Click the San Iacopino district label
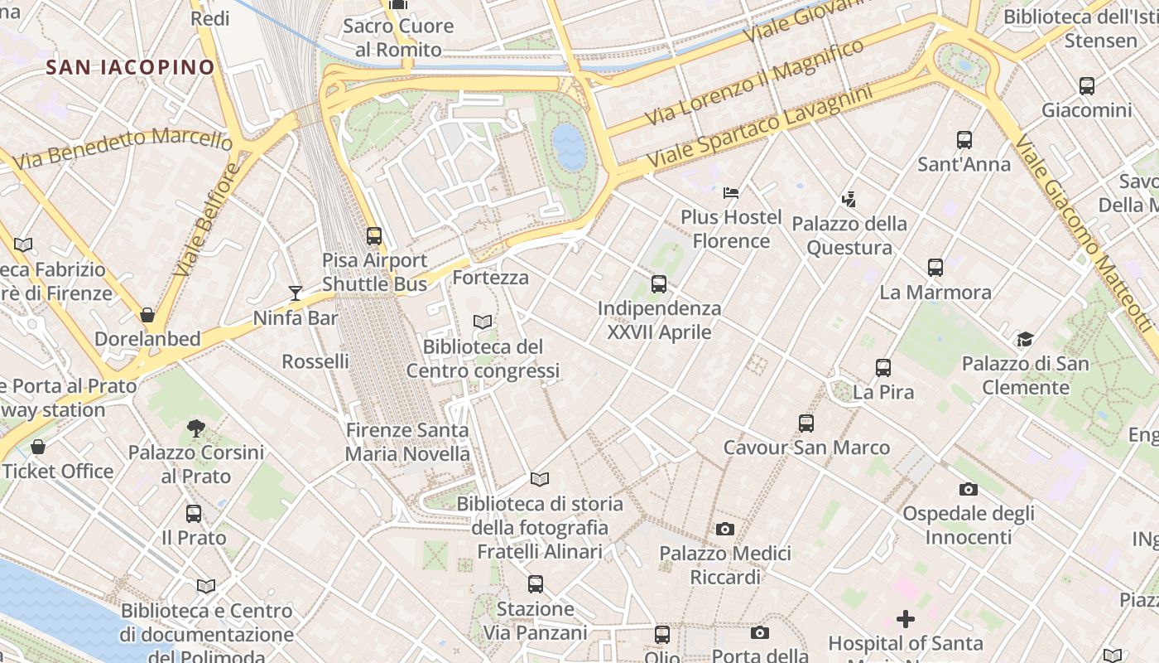coord(130,67)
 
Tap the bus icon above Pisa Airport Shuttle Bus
coord(374,236)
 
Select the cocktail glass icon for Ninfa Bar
coord(296,293)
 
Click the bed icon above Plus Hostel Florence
coord(730,193)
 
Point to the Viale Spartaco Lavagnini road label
coord(760,124)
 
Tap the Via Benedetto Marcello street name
coord(123,148)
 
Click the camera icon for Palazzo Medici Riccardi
coord(725,529)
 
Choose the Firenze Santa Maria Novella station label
coord(407,442)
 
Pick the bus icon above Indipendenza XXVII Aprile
coord(659,284)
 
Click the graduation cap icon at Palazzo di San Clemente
coord(1025,339)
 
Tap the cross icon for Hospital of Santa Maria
coord(906,618)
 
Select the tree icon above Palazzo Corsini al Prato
coord(196,428)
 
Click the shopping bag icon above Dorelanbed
coord(147,315)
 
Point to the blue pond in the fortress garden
coord(569,147)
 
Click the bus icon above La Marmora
coord(935,268)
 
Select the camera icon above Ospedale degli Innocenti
coord(968,489)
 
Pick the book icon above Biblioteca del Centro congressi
coord(483,322)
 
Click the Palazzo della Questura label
coord(849,235)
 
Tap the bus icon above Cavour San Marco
coord(806,423)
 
